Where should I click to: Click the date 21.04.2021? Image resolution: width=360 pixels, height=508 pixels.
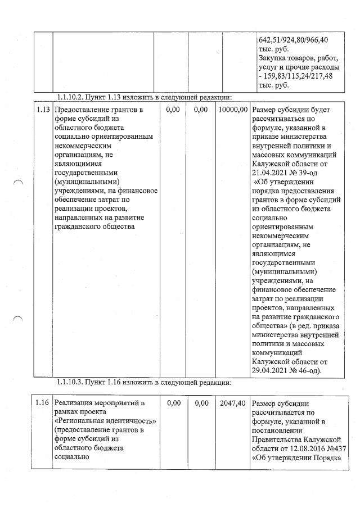point(272,174)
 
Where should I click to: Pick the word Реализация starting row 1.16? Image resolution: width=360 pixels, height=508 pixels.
point(76,403)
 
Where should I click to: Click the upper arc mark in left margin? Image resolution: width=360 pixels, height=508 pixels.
point(18,182)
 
